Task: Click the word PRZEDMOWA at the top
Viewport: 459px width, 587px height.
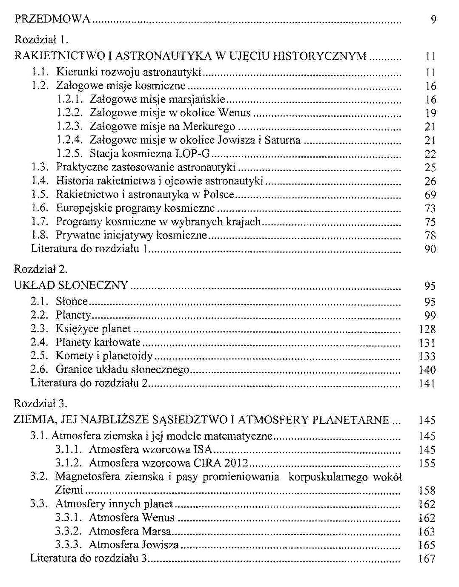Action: [52, 19]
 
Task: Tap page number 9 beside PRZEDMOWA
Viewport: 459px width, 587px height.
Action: [433, 20]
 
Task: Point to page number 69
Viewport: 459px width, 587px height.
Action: [430, 195]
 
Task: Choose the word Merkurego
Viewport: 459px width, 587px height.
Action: [209, 127]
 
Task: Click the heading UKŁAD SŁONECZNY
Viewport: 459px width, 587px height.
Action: [71, 285]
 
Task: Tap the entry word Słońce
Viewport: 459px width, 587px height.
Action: [72, 302]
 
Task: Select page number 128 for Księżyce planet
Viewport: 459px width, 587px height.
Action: [427, 329]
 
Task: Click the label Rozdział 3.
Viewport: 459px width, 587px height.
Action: [41, 403]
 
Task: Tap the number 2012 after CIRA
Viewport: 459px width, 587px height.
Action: [236, 463]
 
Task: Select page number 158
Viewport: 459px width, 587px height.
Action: [427, 491]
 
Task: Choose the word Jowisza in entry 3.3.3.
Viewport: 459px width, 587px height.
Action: [160, 545]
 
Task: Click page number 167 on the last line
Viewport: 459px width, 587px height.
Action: [427, 558]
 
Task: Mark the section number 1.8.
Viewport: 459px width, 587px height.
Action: [39, 235]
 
